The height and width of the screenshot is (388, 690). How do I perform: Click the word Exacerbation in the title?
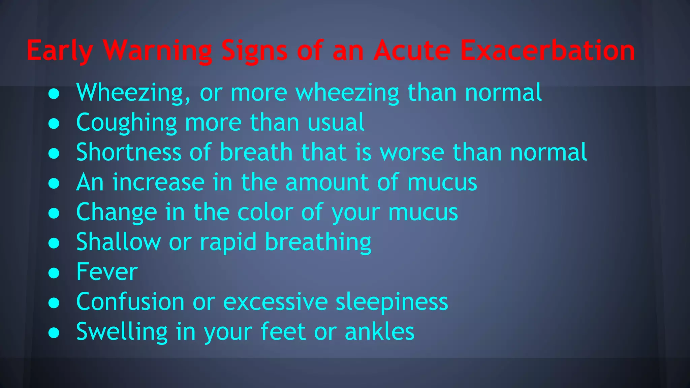[547, 51]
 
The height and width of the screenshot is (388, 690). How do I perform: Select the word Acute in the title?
[412, 51]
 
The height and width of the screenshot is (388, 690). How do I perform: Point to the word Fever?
[107, 272]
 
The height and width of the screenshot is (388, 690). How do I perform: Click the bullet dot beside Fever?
[54, 272]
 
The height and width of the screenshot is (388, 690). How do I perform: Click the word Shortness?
[129, 152]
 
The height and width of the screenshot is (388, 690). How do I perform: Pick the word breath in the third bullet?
[256, 152]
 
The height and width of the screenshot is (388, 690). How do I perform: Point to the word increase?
[158, 182]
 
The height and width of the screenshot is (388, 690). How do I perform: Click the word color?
[265, 212]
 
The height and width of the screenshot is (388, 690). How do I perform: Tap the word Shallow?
[119, 242]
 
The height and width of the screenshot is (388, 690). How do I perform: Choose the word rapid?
[228, 243]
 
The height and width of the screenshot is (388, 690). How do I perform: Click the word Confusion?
[130, 302]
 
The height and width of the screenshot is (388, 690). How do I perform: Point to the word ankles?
[379, 331]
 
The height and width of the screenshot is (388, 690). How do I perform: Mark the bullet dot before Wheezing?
[54, 94]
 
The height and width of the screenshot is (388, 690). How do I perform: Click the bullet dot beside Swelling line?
[54, 332]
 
